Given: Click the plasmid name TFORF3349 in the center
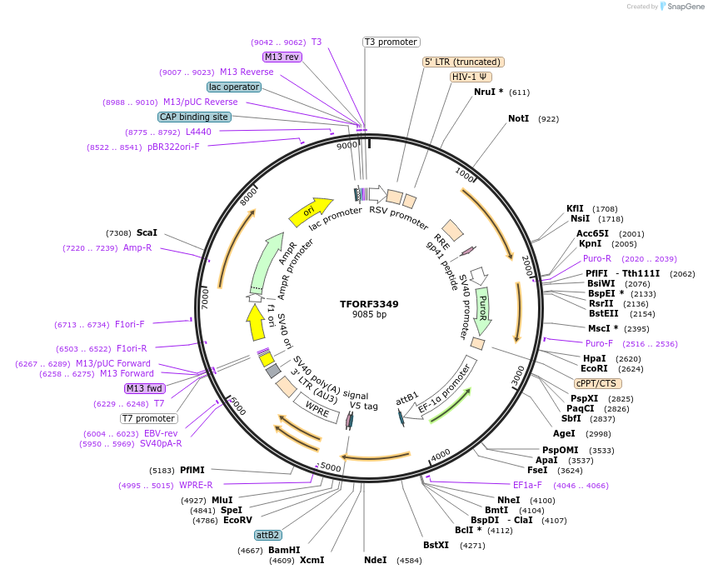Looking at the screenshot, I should pos(369,304).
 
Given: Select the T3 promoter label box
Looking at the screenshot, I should pos(391,42).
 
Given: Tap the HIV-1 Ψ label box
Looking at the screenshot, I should pos(471,77).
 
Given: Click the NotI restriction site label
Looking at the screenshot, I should pos(518,119).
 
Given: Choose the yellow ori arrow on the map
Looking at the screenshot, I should pos(310,211).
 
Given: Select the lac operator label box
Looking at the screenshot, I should pos(233,87).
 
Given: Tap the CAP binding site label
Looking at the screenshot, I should pos(194,117).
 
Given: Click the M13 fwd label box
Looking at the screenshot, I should pos(144,388).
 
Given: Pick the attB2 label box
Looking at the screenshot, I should pos(268,535).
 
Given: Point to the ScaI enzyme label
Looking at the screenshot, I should pos(147,233).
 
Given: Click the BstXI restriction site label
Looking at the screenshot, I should pos(436,546).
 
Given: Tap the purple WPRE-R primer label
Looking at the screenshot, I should pos(196,485).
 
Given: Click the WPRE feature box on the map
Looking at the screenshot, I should pos(317,407).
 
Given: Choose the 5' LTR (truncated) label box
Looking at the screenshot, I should pos(463,62).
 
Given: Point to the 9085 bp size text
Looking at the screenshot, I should pos(369,315).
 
